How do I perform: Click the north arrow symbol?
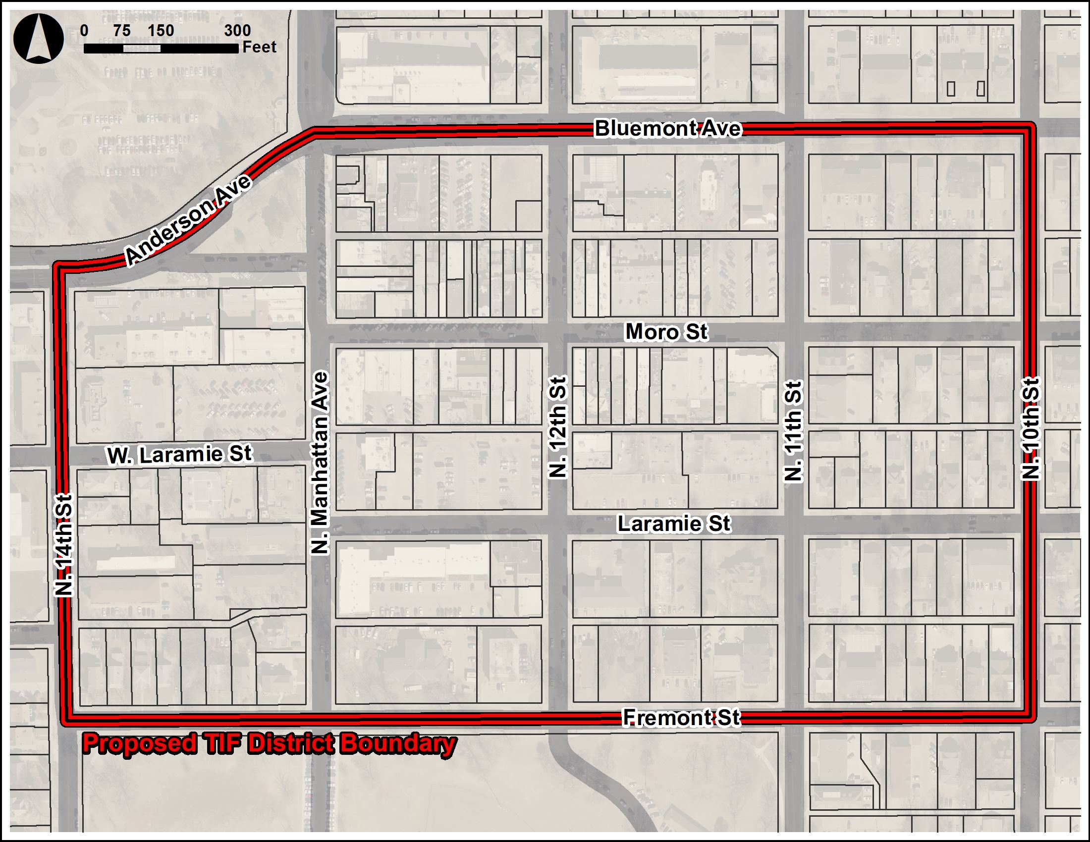(x=39, y=39)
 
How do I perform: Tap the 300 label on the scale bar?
(x=237, y=30)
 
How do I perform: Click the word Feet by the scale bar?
(x=259, y=47)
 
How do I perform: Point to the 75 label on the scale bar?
(x=121, y=30)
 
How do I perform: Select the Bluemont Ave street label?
(x=668, y=129)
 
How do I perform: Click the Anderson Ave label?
(x=188, y=220)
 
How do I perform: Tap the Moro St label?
(x=666, y=332)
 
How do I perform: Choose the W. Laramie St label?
(x=180, y=454)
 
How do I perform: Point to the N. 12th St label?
(x=558, y=427)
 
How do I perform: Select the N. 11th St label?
(x=793, y=431)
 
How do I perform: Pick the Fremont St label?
(x=681, y=718)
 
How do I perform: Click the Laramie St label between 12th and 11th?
(x=674, y=524)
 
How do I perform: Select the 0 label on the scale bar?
(x=84, y=30)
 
